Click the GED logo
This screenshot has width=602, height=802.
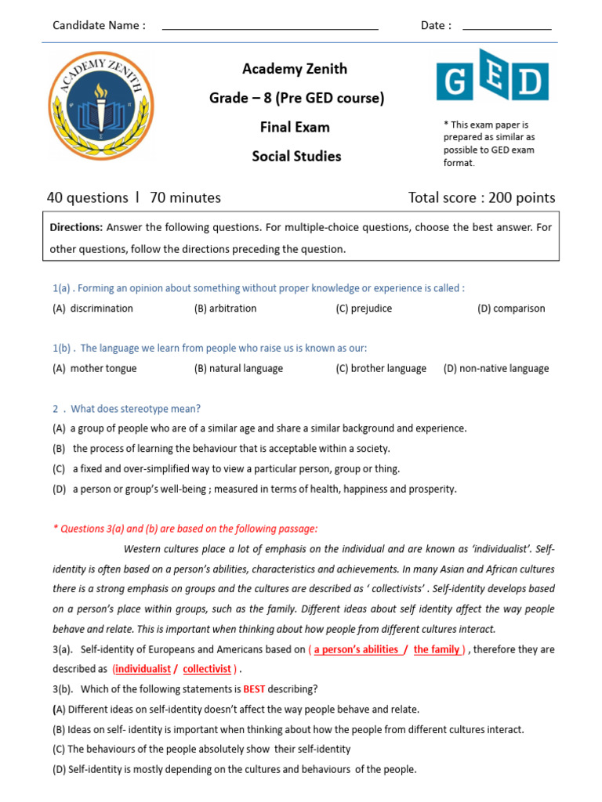pos(492,81)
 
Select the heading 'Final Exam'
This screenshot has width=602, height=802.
pos(295,127)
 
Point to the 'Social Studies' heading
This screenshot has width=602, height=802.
pos(296,156)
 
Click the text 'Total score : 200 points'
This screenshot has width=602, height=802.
pos(481,197)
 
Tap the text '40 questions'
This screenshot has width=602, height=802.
pos(87,197)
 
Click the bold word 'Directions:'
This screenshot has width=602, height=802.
pos(76,228)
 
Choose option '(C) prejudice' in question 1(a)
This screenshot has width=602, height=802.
pos(364,309)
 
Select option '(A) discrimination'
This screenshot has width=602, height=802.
pos(93,309)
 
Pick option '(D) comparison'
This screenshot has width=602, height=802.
pos(511,309)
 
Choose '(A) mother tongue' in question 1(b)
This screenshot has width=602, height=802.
pos(95,369)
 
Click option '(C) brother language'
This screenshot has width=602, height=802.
pos(381,369)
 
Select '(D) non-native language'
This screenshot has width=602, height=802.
pos(496,369)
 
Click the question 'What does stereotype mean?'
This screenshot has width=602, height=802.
pos(136,409)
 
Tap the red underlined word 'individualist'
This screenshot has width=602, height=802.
pos(143,669)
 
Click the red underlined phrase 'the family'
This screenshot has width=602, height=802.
pos(437,649)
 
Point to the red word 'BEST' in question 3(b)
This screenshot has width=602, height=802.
pos(256,689)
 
